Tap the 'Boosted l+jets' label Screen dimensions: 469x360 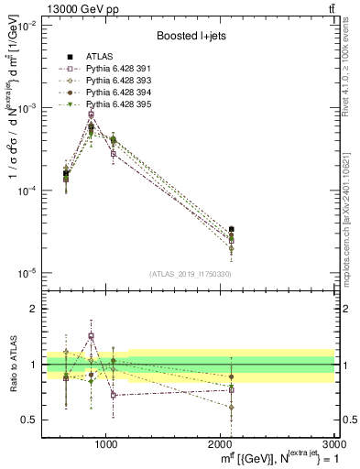tap(192, 37)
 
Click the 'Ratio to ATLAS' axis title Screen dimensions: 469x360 tap(13, 365)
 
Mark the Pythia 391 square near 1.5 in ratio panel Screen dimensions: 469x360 tap(92, 336)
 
